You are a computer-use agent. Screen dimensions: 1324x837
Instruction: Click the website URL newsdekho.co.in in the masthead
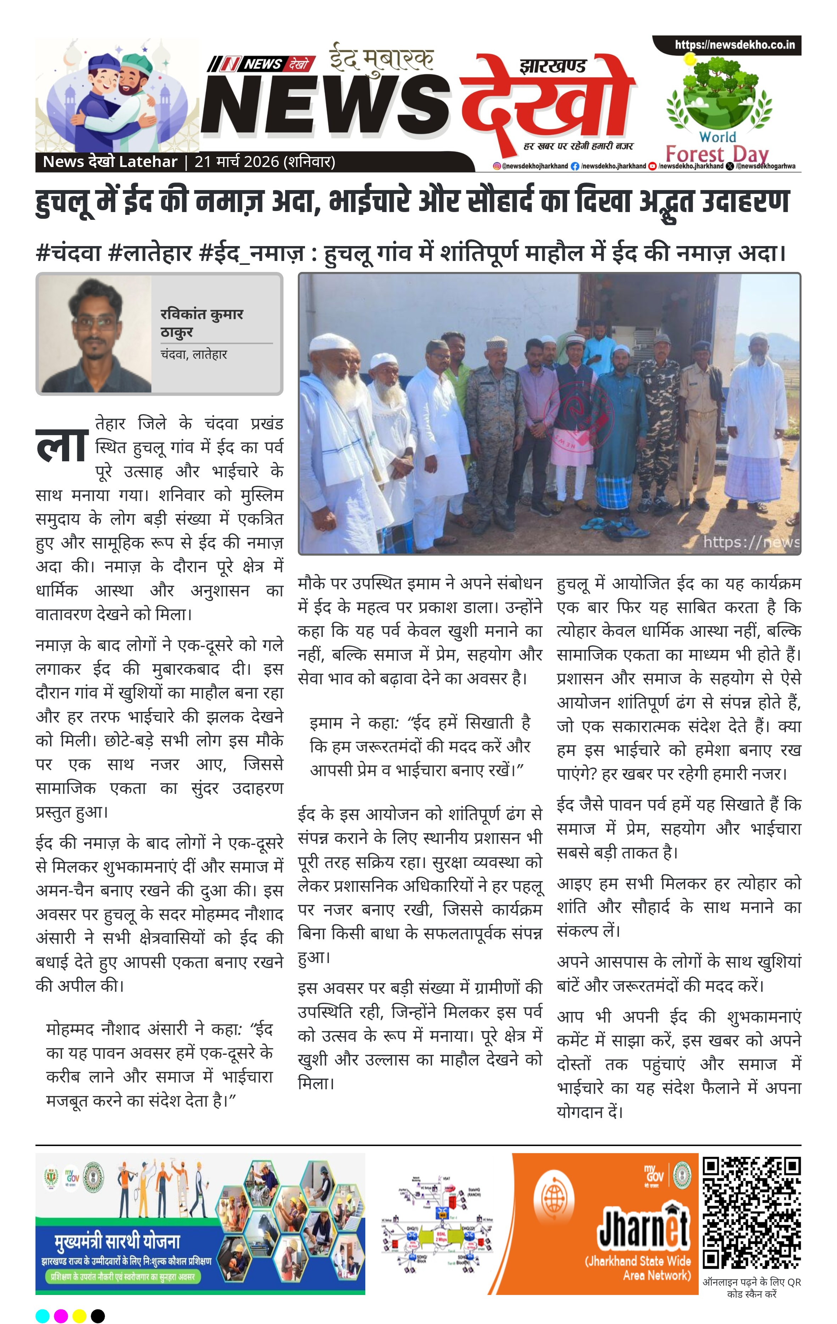[x=735, y=45]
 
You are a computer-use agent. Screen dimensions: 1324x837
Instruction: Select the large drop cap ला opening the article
[x=62, y=445]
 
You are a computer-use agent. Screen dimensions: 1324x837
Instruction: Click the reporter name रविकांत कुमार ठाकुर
[x=201, y=323]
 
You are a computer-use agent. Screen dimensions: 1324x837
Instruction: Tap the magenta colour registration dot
[x=61, y=1316]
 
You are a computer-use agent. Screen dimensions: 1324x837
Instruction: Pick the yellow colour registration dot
[x=79, y=1316]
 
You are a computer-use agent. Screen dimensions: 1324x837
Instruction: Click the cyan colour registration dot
[x=42, y=1316]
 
